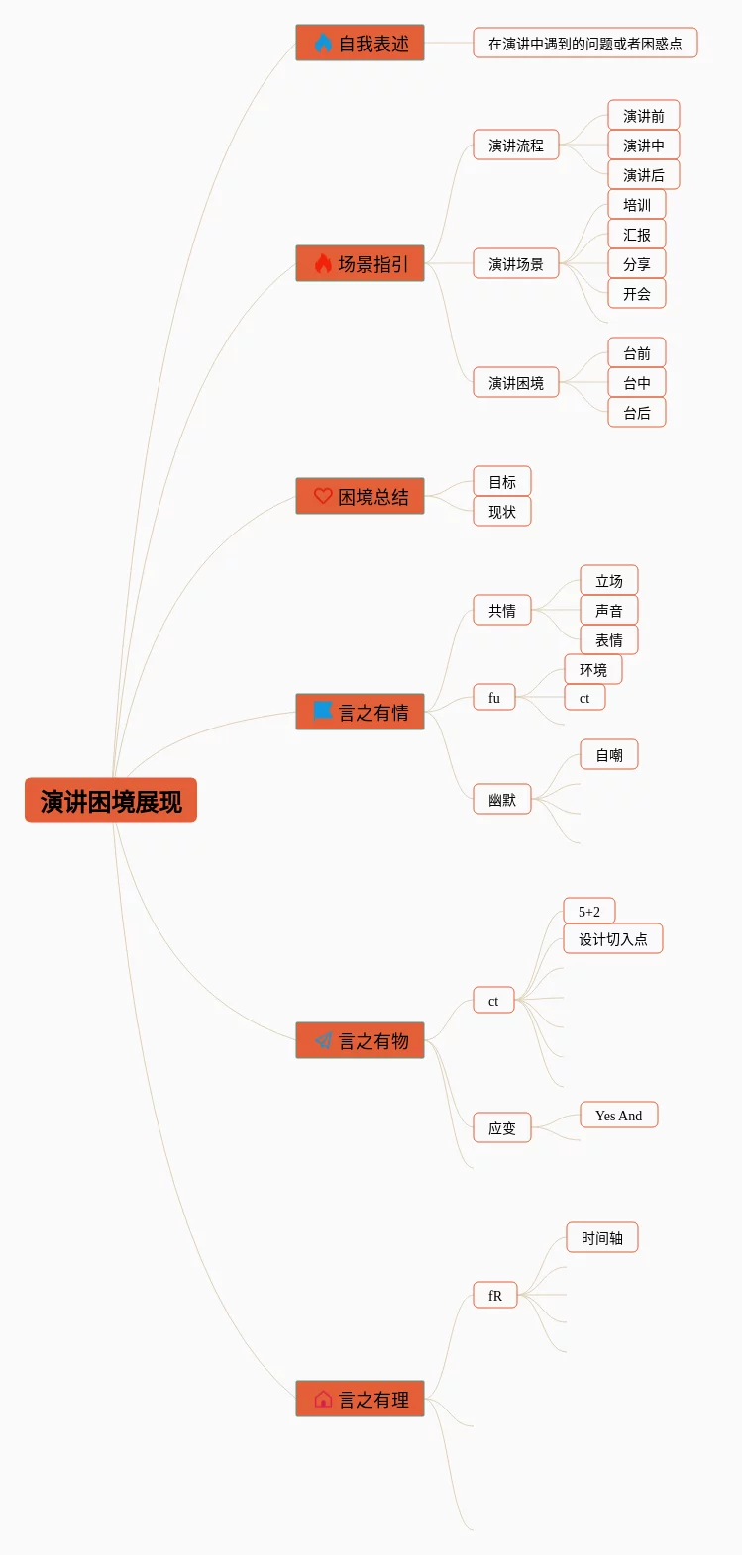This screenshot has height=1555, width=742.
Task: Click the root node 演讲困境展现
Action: click(x=111, y=800)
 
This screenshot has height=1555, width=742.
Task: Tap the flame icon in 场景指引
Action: click(x=323, y=263)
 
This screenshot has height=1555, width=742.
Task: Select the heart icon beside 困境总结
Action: click(x=323, y=496)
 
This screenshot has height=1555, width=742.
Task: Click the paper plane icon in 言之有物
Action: click(x=323, y=1040)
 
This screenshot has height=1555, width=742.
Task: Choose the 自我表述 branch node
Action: click(x=360, y=43)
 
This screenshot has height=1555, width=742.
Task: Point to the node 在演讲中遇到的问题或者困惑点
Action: click(x=584, y=44)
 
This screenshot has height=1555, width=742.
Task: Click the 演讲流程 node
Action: click(x=515, y=146)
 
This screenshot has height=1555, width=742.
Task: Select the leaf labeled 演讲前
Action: click(x=643, y=116)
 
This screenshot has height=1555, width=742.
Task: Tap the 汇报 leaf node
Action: click(x=636, y=235)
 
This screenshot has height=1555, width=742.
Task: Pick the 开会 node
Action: click(x=636, y=294)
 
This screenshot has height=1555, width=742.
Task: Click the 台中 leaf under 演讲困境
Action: click(x=636, y=383)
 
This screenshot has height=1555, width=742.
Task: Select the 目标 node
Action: click(x=501, y=482)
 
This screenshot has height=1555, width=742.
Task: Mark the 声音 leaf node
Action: click(x=608, y=611)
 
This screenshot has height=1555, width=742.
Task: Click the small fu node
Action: click(x=493, y=698)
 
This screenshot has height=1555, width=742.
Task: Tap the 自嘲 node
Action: click(x=608, y=755)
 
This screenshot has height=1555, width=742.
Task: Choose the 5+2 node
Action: click(x=588, y=912)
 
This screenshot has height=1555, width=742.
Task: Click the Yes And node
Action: click(x=618, y=1116)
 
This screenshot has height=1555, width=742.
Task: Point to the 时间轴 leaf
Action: click(x=601, y=1238)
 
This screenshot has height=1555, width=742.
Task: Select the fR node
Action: click(x=494, y=1295)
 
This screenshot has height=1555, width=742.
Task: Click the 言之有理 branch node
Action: click(x=360, y=1399)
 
